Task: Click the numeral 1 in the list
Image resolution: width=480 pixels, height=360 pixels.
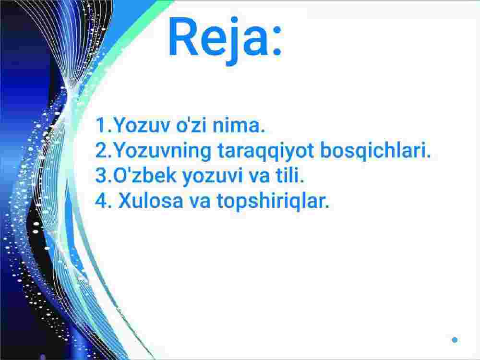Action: click(x=101, y=125)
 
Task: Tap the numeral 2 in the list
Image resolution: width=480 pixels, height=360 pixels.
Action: click(x=101, y=150)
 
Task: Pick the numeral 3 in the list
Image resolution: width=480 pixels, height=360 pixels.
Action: click(x=101, y=175)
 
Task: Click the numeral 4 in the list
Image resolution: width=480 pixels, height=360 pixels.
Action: click(x=101, y=201)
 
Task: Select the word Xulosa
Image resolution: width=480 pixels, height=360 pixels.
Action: click(x=151, y=201)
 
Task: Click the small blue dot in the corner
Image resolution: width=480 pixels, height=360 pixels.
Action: click(x=455, y=340)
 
